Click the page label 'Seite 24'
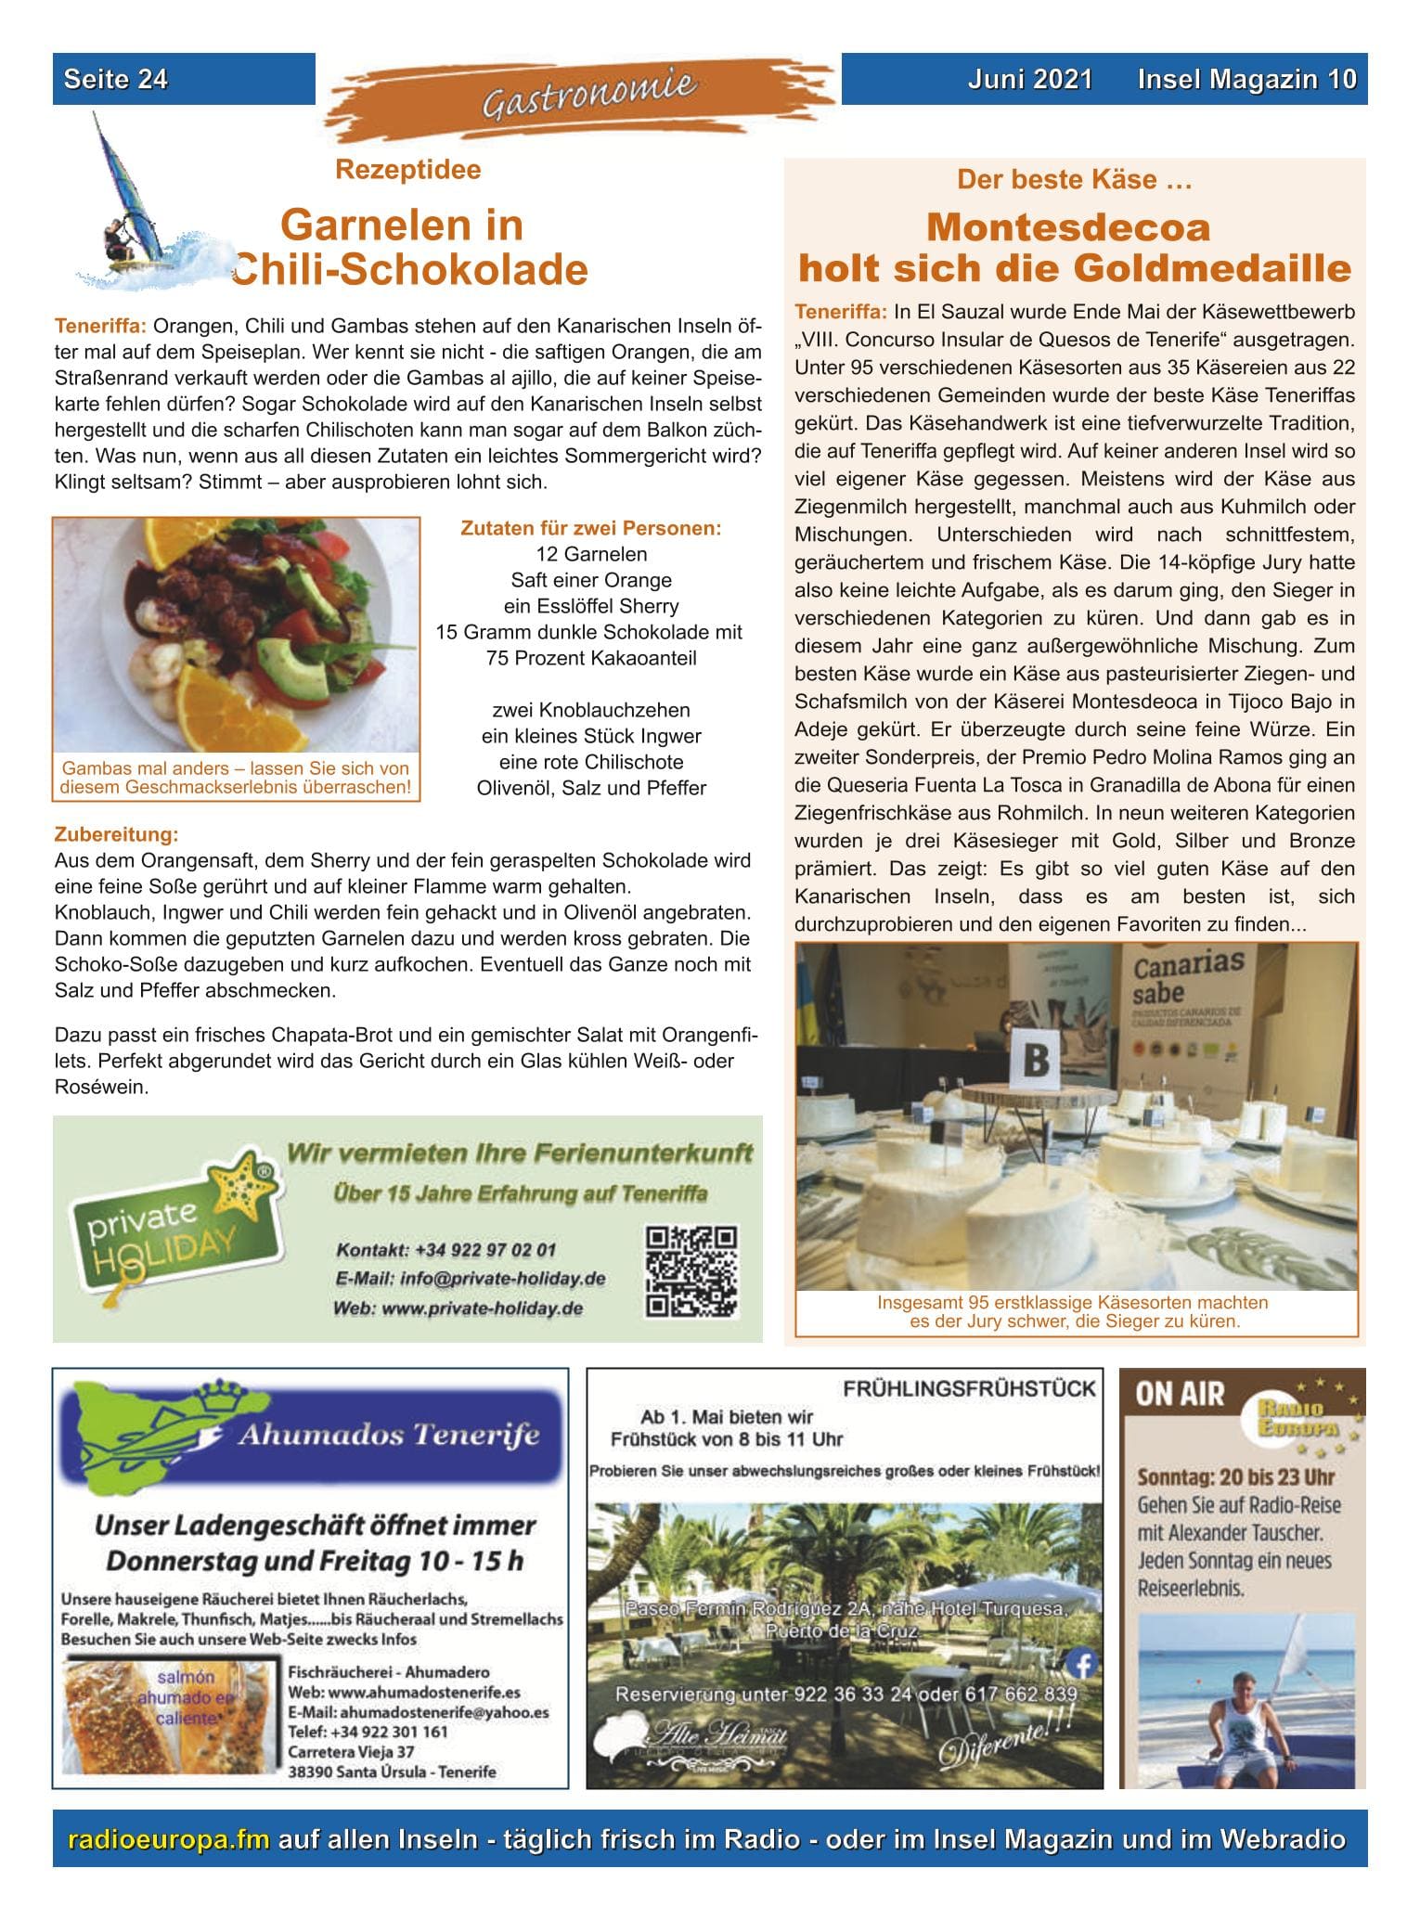(x=116, y=79)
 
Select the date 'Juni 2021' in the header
(x=1029, y=79)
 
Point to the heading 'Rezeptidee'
(x=407, y=170)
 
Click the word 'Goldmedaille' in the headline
(x=1212, y=269)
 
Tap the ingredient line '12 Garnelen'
(x=591, y=555)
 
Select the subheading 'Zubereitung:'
(x=117, y=833)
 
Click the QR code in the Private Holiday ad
(x=691, y=1270)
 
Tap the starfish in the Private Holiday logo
(x=239, y=1183)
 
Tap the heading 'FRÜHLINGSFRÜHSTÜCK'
(x=969, y=1389)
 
